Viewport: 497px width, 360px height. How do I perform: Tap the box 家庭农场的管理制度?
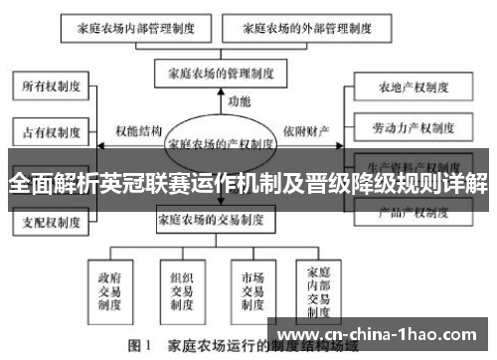215,72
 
